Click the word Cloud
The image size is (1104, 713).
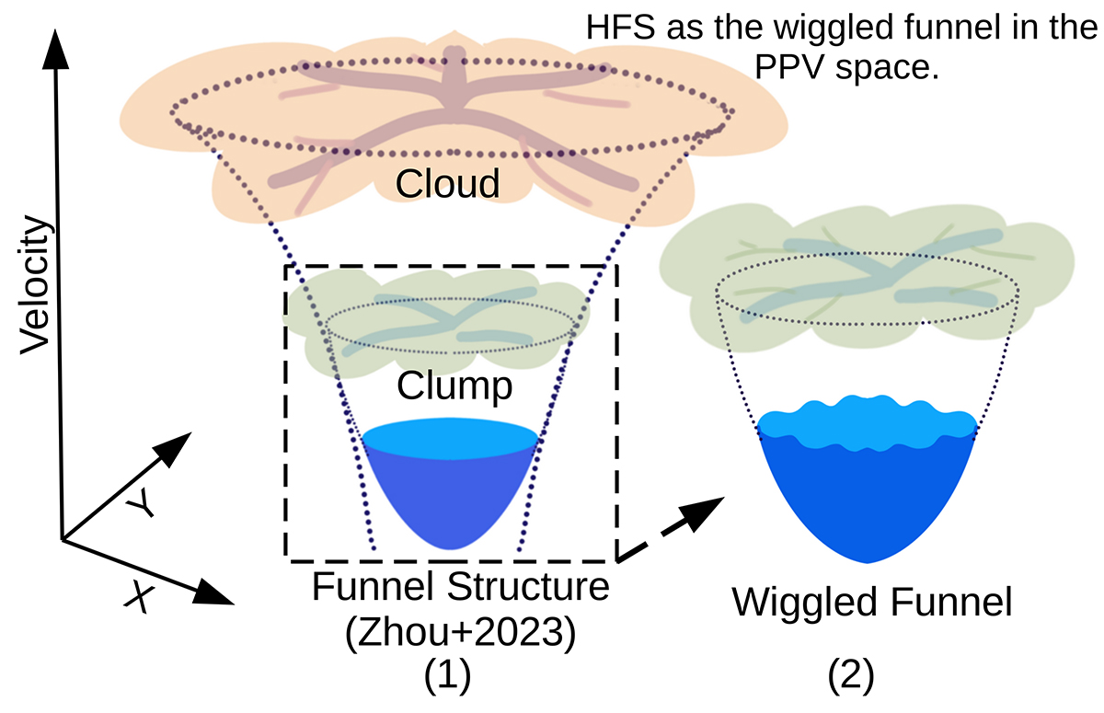(447, 184)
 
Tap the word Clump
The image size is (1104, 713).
(454, 386)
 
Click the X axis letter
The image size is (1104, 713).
(137, 599)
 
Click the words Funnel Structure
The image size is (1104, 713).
(461, 586)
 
